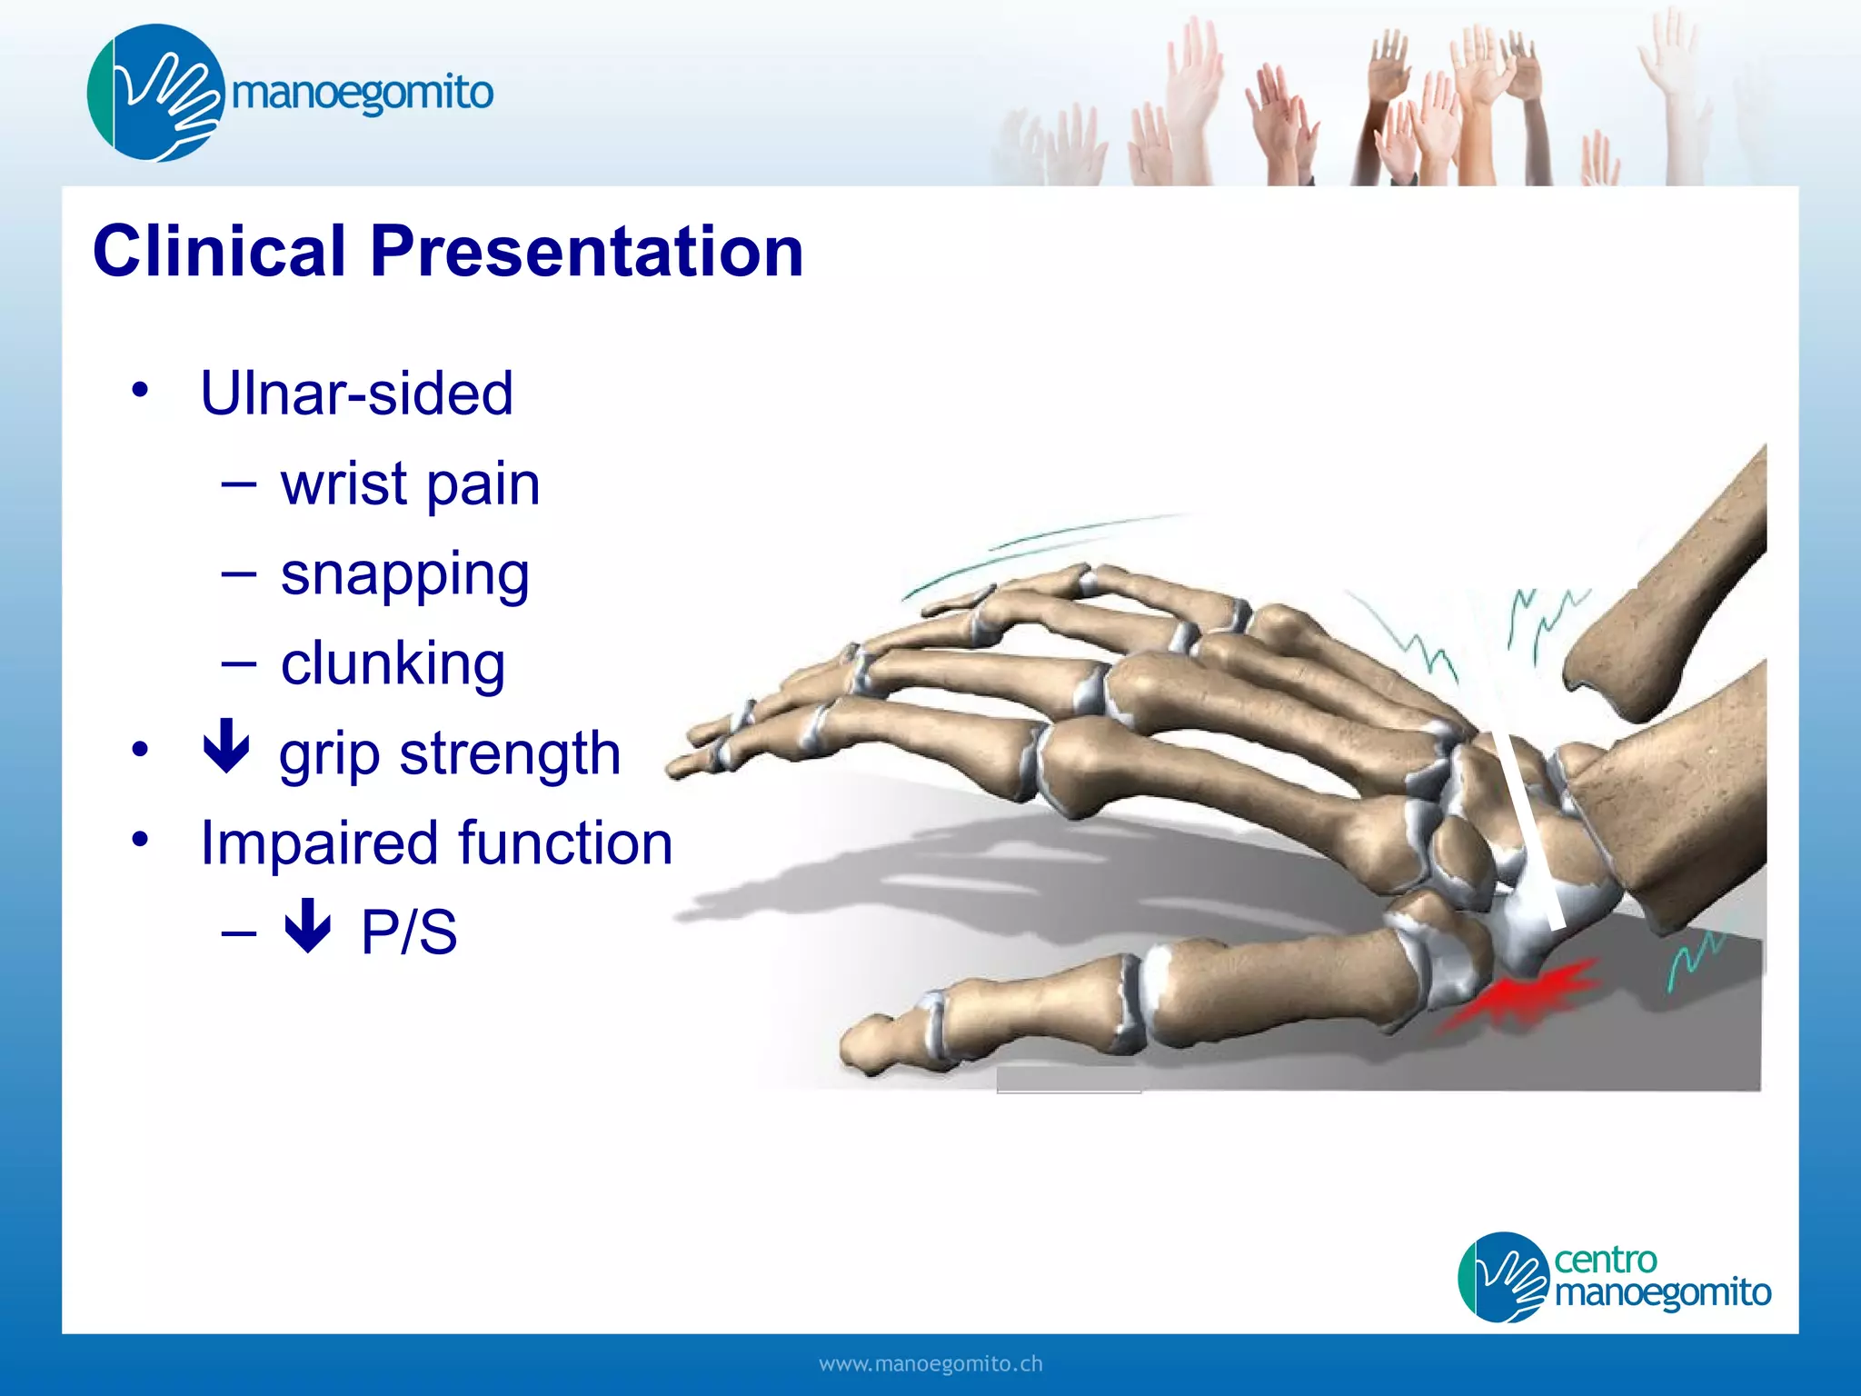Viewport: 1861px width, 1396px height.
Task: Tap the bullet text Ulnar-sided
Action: click(x=356, y=394)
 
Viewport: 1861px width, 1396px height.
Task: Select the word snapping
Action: click(x=404, y=575)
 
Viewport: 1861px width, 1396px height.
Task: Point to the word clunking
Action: click(x=393, y=663)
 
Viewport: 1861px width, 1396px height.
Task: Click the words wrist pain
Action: click(x=410, y=484)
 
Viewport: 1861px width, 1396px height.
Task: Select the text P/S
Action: click(x=409, y=932)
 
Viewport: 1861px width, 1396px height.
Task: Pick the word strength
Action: click(x=510, y=754)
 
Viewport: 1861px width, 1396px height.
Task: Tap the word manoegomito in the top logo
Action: click(x=362, y=93)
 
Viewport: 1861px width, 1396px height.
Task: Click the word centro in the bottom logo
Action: click(x=1605, y=1260)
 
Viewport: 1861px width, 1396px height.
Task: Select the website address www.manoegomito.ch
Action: click(x=930, y=1364)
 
